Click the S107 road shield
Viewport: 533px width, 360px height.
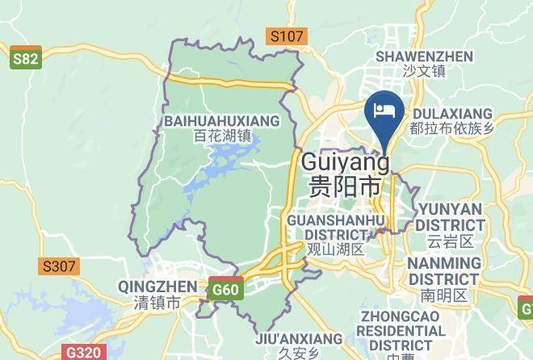click(287, 36)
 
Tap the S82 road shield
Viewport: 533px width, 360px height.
click(26, 60)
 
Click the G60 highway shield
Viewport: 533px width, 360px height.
click(225, 290)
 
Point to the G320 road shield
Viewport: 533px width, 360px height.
click(83, 353)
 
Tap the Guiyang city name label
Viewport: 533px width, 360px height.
click(345, 162)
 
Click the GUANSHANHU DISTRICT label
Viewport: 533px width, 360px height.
click(336, 227)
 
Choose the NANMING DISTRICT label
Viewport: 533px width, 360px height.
click(443, 271)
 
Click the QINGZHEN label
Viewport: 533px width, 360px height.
click(157, 287)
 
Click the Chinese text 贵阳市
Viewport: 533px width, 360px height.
click(345, 186)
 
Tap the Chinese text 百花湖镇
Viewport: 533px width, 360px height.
click(223, 136)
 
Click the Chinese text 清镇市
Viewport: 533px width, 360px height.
click(157, 303)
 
